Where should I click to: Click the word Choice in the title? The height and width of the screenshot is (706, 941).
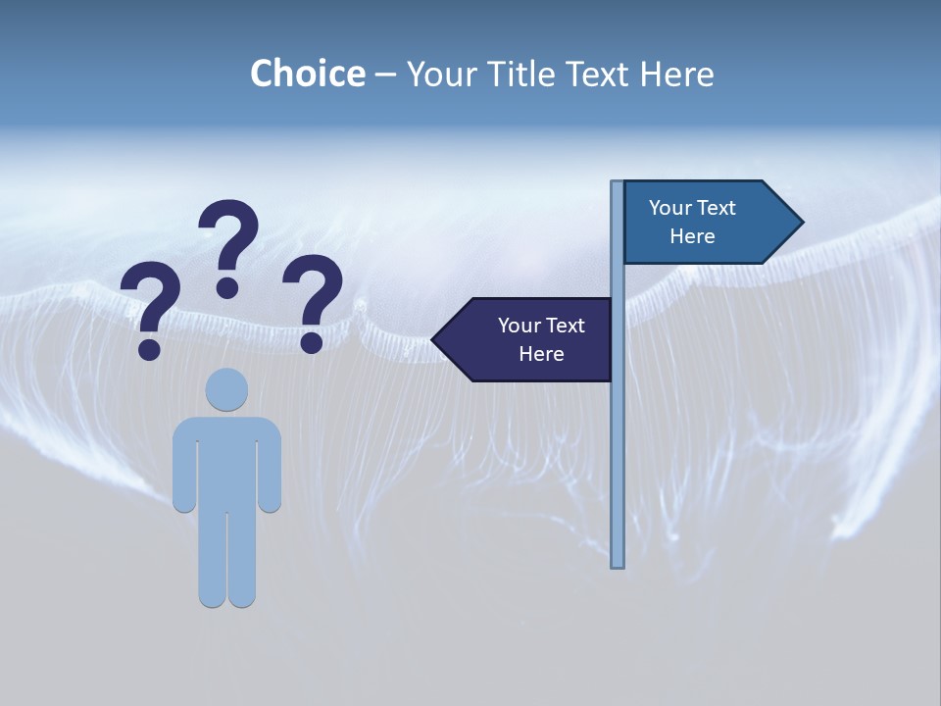(x=307, y=74)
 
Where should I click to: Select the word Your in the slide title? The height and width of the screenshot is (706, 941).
(x=442, y=74)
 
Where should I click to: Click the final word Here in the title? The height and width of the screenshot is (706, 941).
(x=676, y=74)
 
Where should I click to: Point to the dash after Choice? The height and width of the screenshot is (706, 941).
(x=384, y=76)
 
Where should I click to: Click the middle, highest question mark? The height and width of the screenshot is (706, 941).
(x=228, y=247)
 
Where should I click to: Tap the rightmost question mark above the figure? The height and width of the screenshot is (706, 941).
(x=313, y=302)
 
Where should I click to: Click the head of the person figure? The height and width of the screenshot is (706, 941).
(x=226, y=389)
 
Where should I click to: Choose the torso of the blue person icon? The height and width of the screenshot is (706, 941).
(x=226, y=461)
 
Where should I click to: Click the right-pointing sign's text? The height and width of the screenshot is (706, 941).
(x=692, y=222)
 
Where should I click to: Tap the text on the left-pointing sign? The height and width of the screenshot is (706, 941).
(x=541, y=339)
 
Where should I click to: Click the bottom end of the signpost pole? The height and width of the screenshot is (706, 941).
(x=618, y=563)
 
